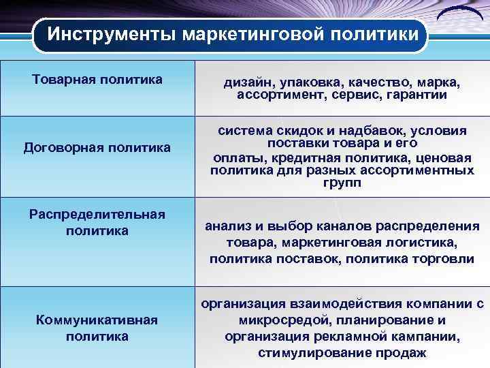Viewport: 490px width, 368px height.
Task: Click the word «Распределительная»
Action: [x=97, y=215]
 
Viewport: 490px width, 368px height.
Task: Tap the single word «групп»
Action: [x=342, y=183]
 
